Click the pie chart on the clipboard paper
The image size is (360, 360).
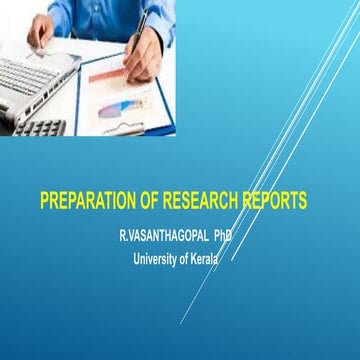[115, 104]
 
